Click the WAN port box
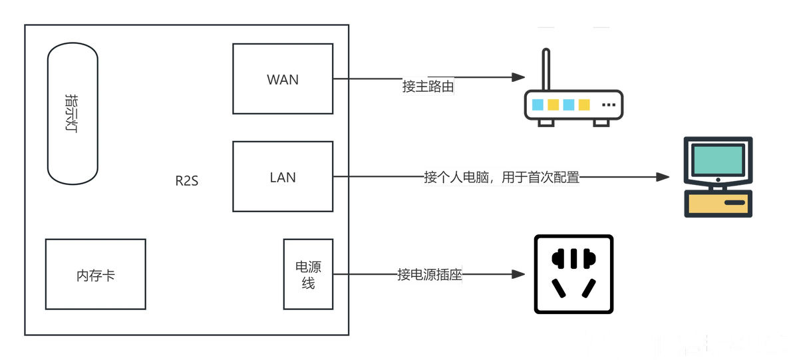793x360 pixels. (282, 79)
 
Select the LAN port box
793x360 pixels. (282, 177)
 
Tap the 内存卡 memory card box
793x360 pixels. (95, 274)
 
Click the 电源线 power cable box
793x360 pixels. (307, 274)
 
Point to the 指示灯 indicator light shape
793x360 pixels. (73, 113)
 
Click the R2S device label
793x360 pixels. (187, 180)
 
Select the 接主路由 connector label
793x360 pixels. (428, 87)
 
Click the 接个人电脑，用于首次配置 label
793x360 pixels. (502, 178)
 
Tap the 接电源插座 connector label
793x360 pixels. (429, 275)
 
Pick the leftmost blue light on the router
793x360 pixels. (537, 104)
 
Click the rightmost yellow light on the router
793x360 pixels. (584, 104)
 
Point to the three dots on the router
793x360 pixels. (608, 104)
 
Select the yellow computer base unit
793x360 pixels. (718, 202)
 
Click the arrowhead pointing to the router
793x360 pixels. (514, 78)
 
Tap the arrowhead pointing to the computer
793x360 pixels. (662, 177)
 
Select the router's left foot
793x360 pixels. (546, 123)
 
